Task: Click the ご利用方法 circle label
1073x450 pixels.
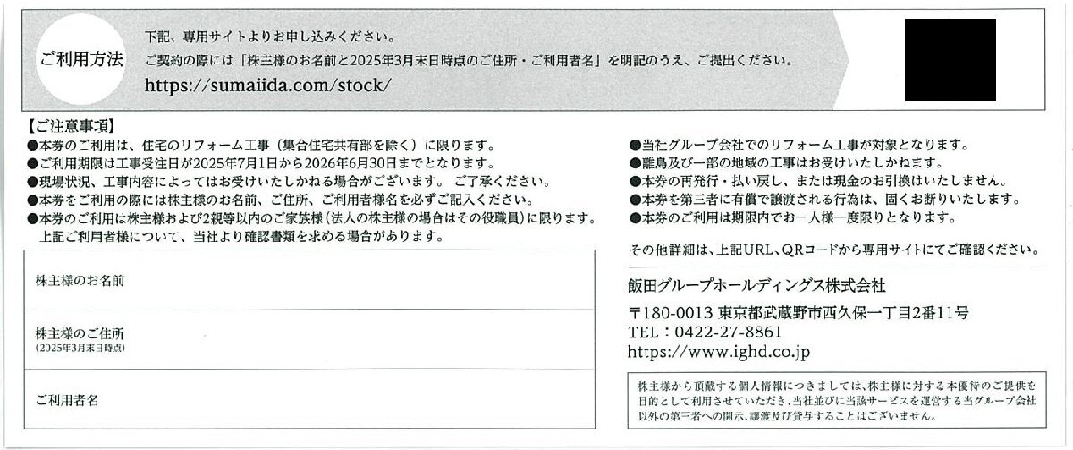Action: pos(80,61)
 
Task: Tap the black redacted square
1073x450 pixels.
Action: pos(950,60)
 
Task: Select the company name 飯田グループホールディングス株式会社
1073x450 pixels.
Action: pos(756,285)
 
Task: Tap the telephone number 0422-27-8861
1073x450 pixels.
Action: pos(725,333)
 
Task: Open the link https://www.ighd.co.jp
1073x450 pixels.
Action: pos(719,352)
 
